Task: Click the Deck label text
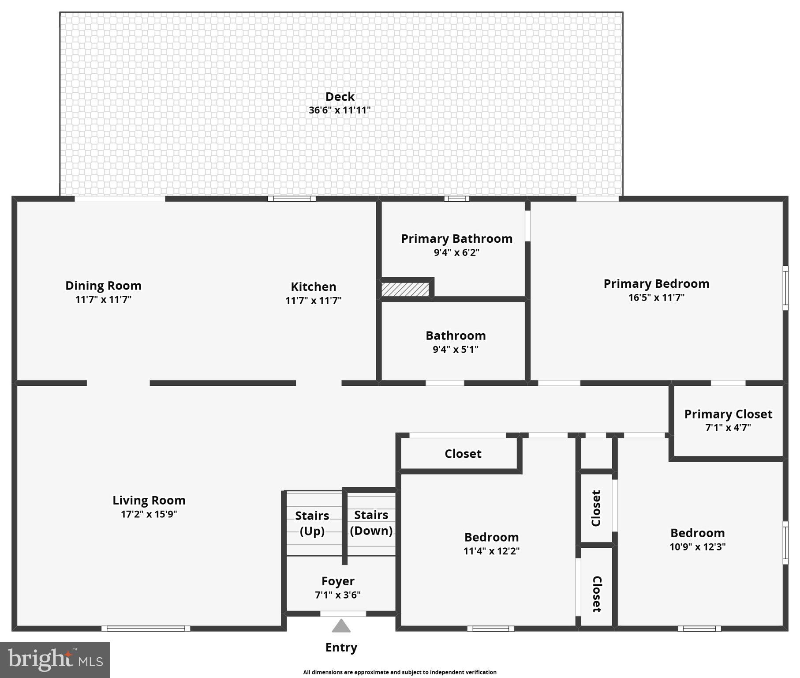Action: click(x=340, y=97)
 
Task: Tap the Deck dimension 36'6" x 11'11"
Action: click(x=340, y=110)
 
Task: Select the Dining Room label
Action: click(x=103, y=286)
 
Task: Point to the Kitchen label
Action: click(x=314, y=287)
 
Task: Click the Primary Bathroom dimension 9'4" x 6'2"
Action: click(x=456, y=252)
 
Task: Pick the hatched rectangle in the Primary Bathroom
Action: click(x=405, y=290)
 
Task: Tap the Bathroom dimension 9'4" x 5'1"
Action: click(x=456, y=350)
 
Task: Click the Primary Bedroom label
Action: click(x=656, y=284)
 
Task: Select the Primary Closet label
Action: click(x=728, y=414)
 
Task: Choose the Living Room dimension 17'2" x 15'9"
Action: click(x=149, y=514)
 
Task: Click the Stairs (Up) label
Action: click(x=312, y=523)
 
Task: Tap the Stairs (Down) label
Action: click(x=371, y=523)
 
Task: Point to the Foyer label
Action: click(x=338, y=581)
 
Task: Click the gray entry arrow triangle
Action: click(x=341, y=626)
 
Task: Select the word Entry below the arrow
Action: click(x=341, y=648)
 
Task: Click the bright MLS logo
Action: click(x=55, y=659)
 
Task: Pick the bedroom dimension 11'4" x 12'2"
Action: click(x=491, y=551)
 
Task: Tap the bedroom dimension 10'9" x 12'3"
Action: click(x=697, y=547)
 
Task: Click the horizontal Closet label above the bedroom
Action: click(x=463, y=454)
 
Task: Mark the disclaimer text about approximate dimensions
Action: click(x=400, y=672)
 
